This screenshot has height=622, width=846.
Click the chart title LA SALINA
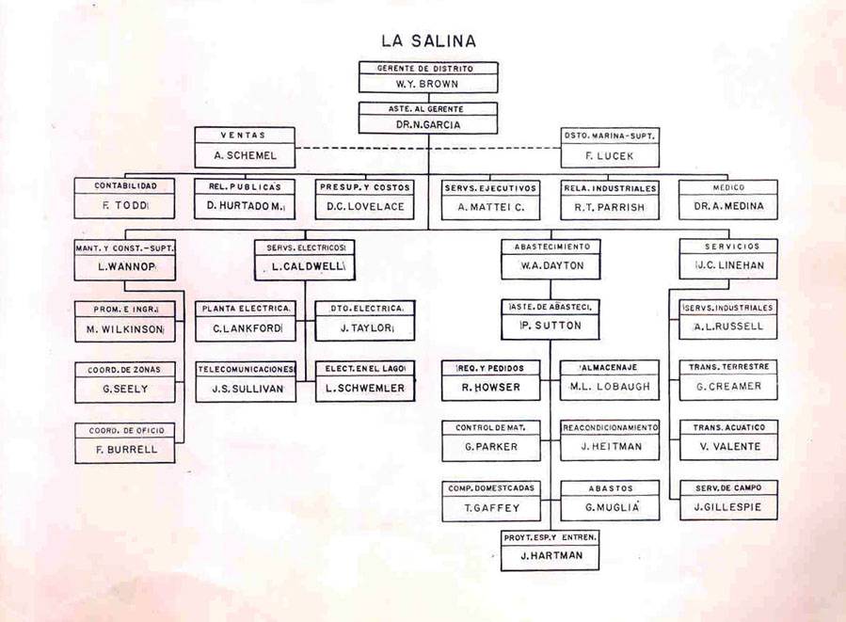pos(428,40)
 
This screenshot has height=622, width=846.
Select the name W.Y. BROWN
pos(428,83)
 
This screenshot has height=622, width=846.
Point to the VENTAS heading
pos(245,135)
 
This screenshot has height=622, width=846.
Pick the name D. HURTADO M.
pos(245,206)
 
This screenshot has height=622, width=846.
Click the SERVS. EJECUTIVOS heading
pos(490,187)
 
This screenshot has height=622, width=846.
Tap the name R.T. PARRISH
pos(610,206)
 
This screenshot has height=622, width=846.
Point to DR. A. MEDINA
pos(728,206)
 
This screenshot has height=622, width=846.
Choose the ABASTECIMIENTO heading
pos(551,247)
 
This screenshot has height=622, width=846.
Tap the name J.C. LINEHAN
pos(728,266)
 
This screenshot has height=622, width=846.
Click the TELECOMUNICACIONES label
pos(246,369)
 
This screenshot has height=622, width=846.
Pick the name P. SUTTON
pos(551,327)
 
